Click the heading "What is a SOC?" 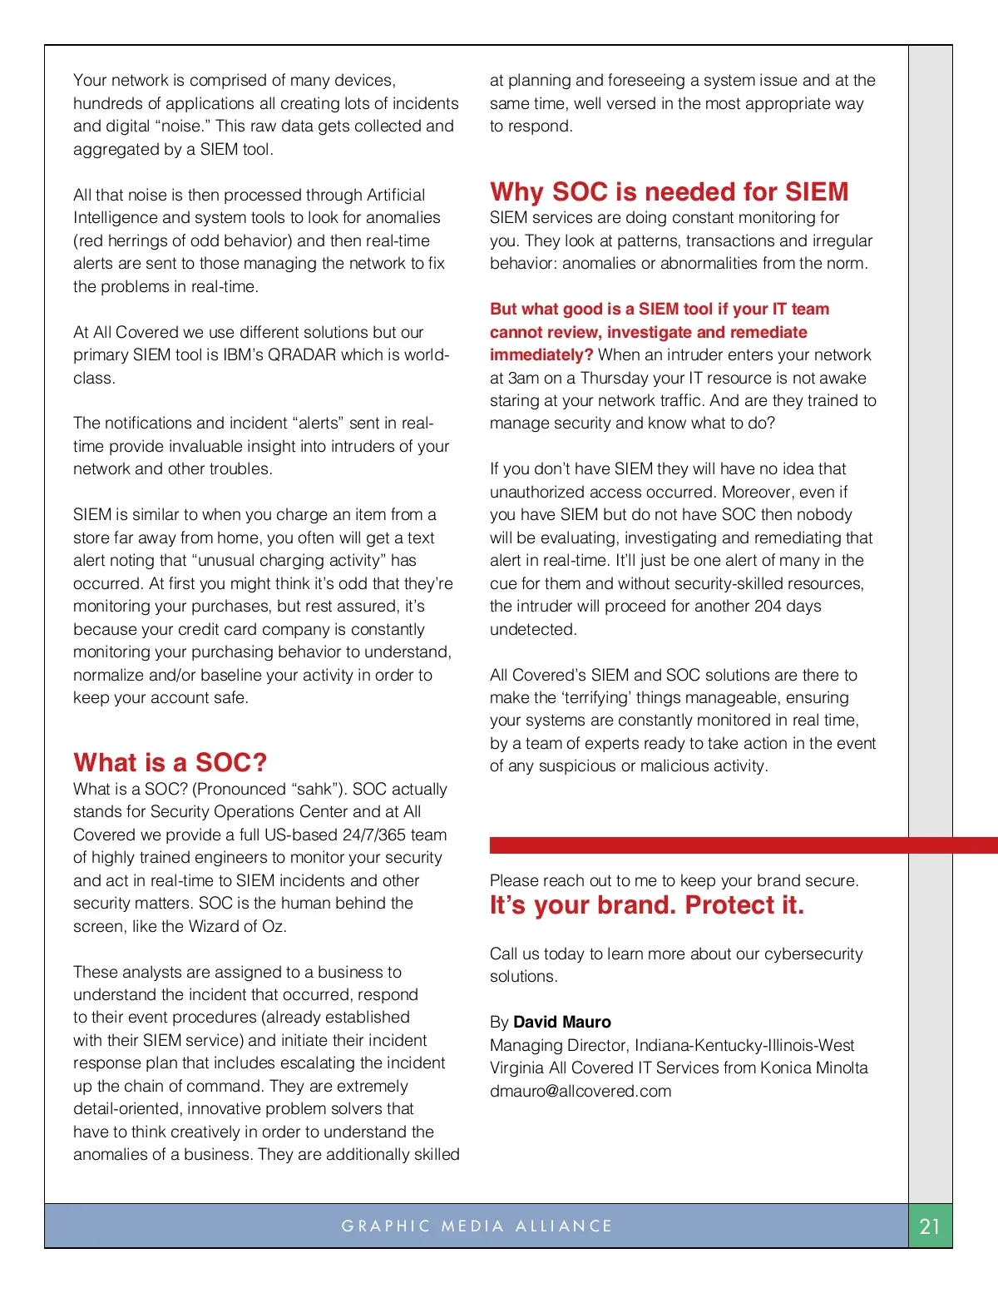pos(170,762)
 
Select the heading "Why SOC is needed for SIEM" pos(669,191)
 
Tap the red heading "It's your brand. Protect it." pos(646,905)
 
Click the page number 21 pos(930,1226)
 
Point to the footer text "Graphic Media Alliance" pos(477,1226)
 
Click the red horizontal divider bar pos(743,845)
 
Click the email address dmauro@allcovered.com pos(580,1091)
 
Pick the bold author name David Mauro pos(562,1022)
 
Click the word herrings pos(131,241)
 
